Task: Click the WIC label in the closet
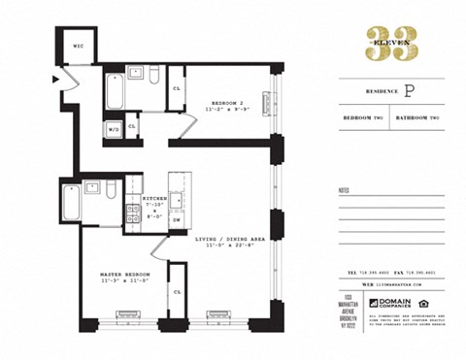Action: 78,45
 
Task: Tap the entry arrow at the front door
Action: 57,80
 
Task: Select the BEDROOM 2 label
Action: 227,102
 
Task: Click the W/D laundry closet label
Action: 114,127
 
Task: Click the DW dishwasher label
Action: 177,220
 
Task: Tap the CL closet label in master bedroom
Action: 178,290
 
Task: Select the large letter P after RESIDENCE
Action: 409,91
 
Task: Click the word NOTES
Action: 344,190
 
